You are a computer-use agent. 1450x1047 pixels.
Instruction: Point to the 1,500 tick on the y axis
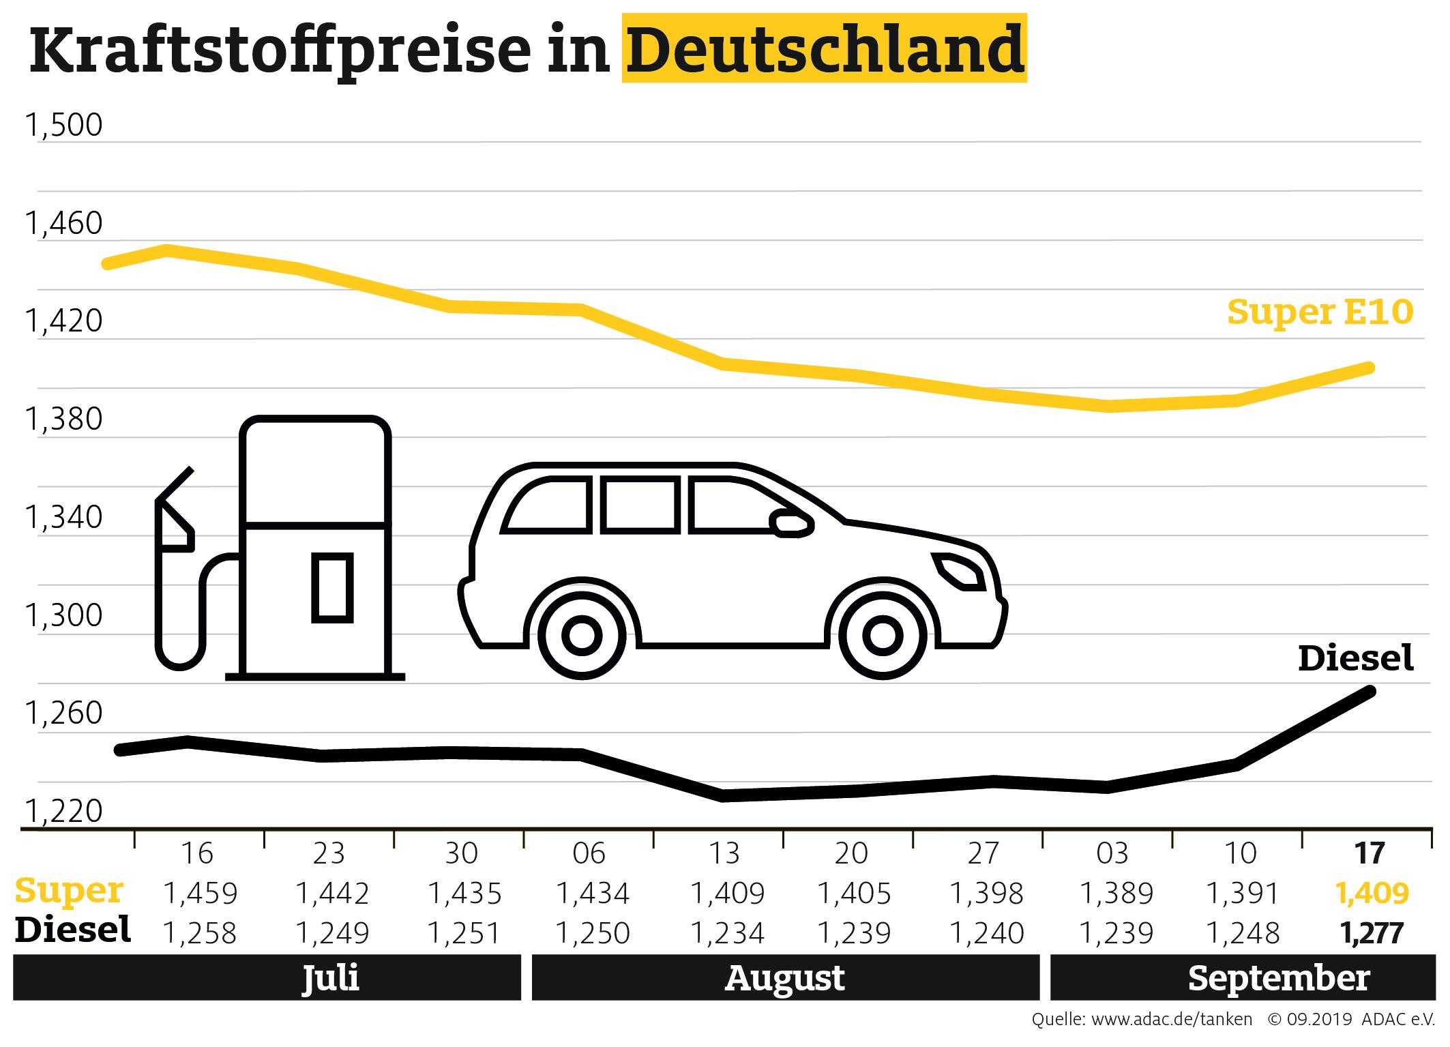(63, 126)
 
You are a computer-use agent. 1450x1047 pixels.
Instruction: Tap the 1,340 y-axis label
(63, 518)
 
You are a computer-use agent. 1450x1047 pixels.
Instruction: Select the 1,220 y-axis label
(63, 812)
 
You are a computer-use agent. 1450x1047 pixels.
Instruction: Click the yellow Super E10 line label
(1320, 312)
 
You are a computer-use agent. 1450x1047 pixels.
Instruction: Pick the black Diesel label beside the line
(1355, 658)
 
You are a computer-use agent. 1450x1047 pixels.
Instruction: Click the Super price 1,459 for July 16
(200, 893)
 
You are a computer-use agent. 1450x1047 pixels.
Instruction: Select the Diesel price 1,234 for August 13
(728, 932)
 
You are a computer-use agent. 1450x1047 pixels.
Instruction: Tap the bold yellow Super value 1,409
(1372, 893)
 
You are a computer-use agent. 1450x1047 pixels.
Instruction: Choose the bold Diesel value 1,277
(1372, 932)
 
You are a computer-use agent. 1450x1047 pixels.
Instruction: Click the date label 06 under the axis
(589, 853)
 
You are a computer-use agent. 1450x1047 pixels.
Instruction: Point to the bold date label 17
(1370, 853)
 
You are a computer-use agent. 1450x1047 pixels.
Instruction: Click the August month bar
(785, 978)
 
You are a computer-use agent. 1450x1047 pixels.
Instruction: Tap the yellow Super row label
(69, 891)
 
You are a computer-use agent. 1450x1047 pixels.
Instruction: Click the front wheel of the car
(882, 636)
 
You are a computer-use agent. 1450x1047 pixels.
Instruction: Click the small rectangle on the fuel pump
(332, 588)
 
